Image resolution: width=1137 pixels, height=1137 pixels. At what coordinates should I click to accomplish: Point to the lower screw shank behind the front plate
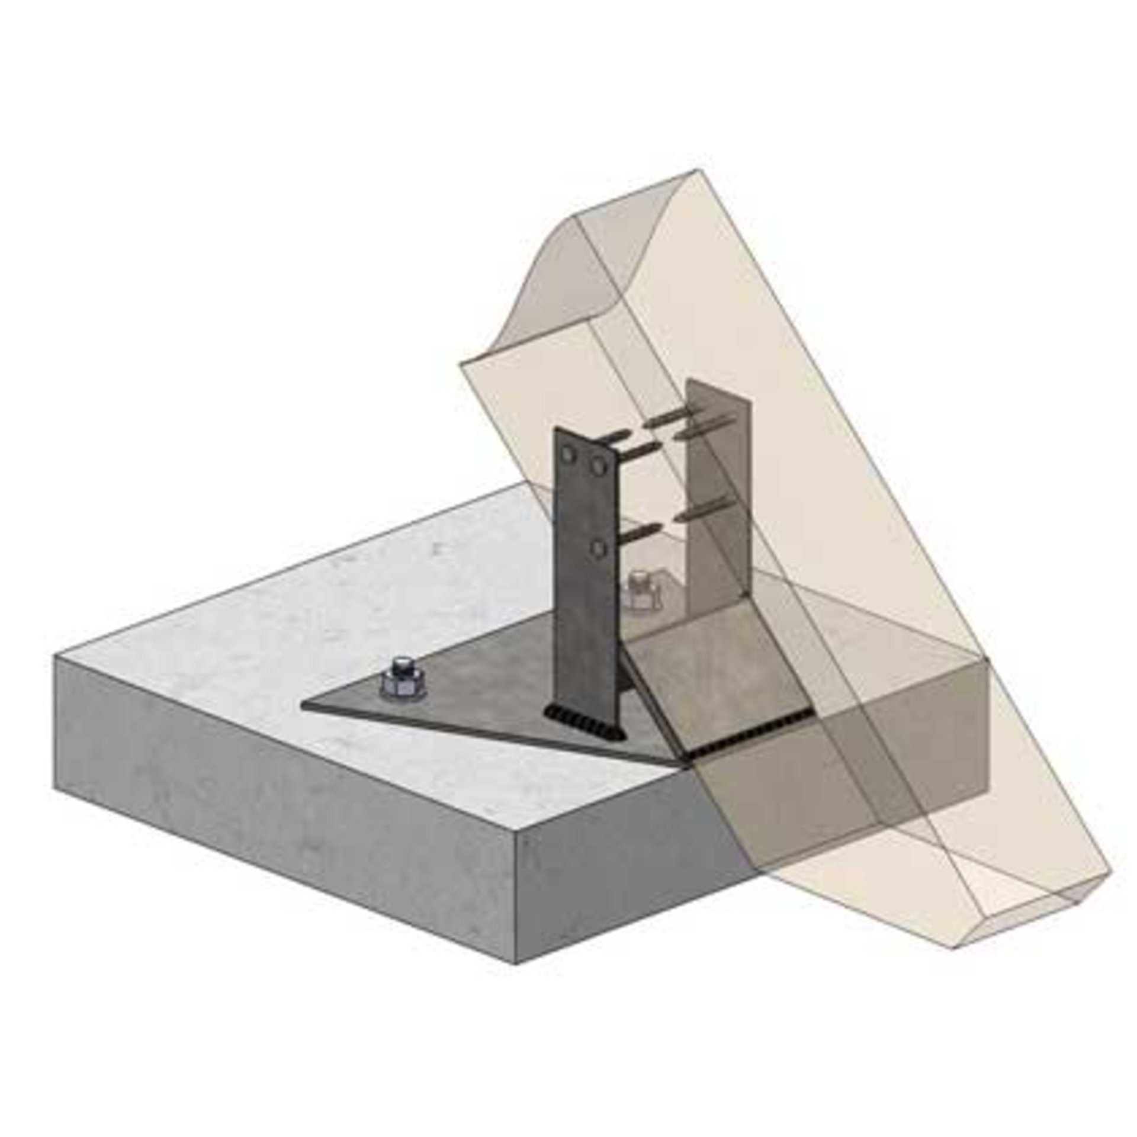click(x=643, y=536)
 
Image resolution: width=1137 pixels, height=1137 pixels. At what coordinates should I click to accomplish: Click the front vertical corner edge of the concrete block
click(x=518, y=894)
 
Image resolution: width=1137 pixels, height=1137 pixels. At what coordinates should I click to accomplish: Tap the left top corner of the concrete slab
click(x=56, y=656)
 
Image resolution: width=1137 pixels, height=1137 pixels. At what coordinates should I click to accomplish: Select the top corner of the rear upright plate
click(x=689, y=381)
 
